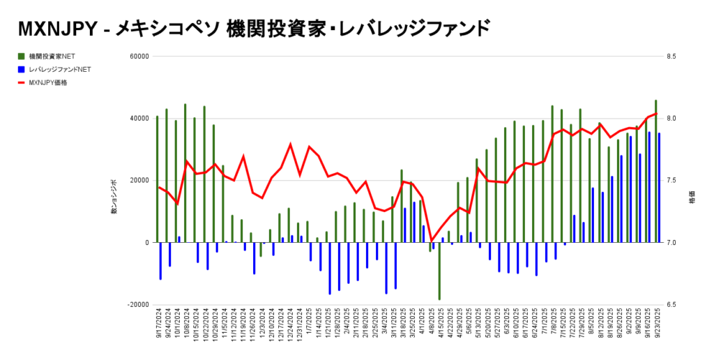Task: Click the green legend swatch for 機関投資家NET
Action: (x=22, y=56)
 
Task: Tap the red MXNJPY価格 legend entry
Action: (x=53, y=82)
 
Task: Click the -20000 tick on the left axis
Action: (x=138, y=305)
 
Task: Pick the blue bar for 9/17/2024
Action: (x=160, y=261)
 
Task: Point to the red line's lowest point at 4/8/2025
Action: (x=430, y=240)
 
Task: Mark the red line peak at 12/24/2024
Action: (x=290, y=144)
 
